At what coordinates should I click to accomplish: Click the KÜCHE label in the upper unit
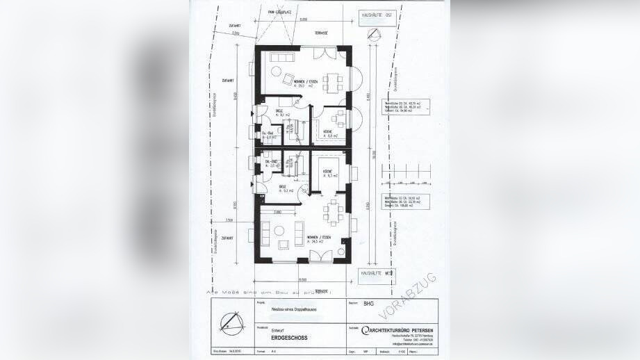(x=326, y=131)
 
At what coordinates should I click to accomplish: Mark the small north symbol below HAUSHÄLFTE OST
(x=375, y=32)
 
